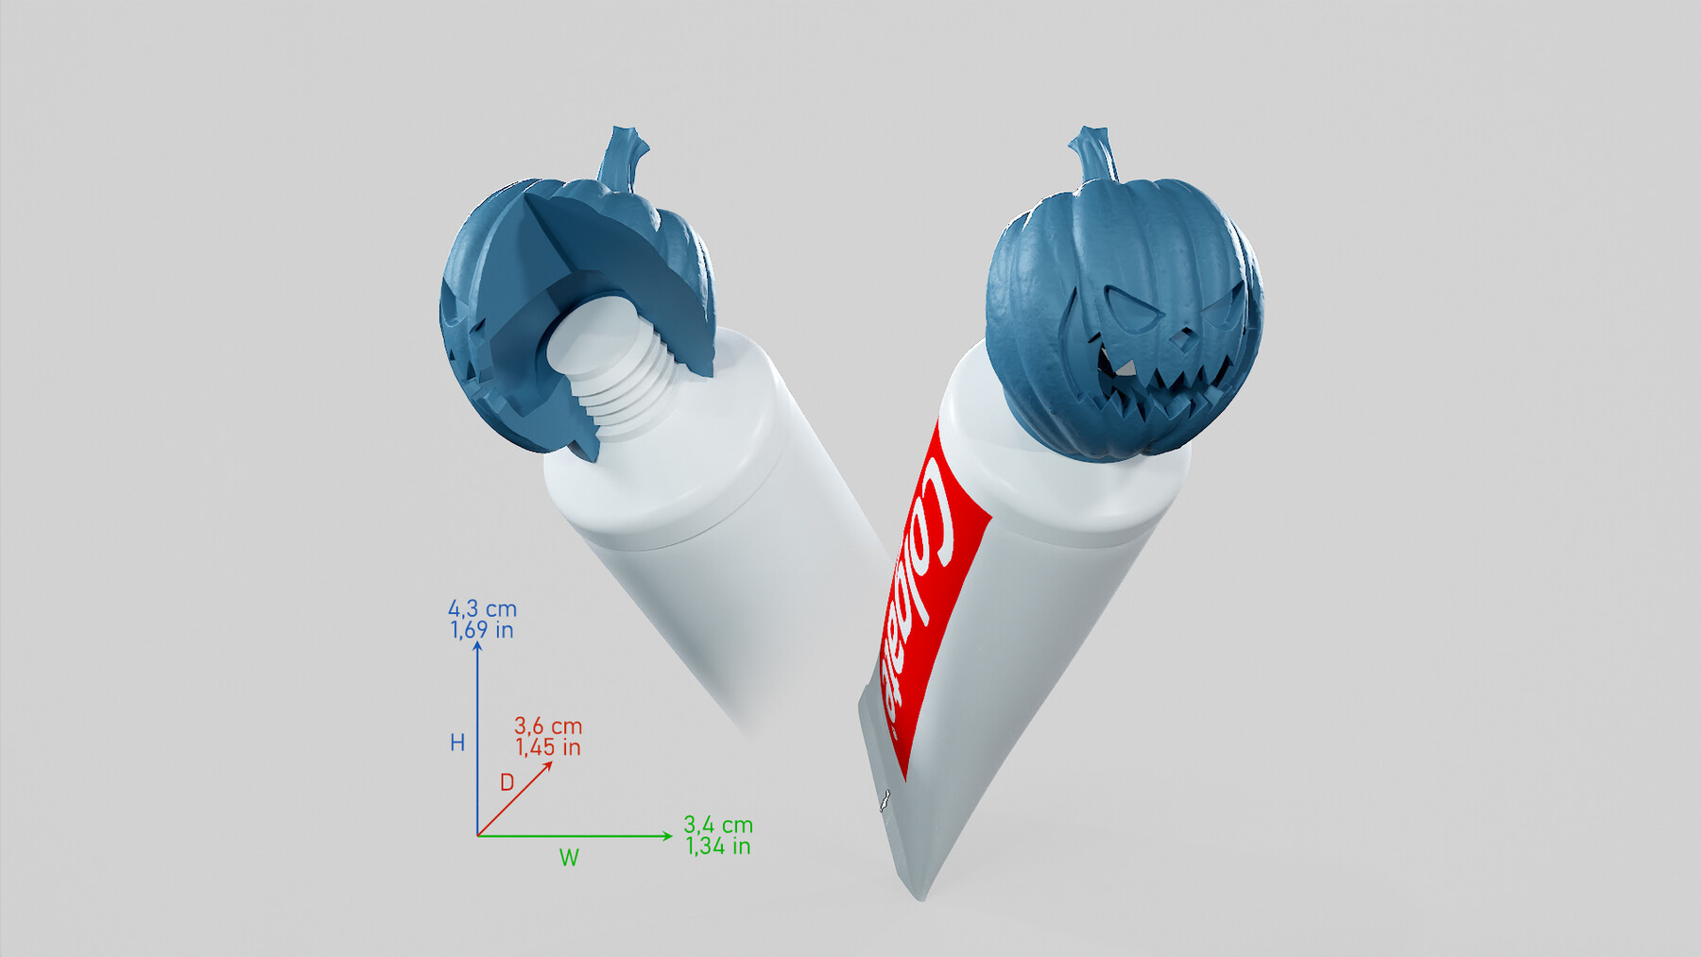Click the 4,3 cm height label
pos(482,608)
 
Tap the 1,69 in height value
pos(482,630)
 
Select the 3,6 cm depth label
pos(548,726)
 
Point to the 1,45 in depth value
pos(548,747)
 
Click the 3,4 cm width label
pos(718,825)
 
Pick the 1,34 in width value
pos(718,846)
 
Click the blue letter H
pos(457,743)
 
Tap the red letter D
pos(507,782)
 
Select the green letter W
pos(569,858)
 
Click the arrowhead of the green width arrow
pos(667,835)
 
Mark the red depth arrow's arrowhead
pos(548,765)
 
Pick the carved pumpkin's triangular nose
pos(1178,334)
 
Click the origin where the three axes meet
pos(478,835)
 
